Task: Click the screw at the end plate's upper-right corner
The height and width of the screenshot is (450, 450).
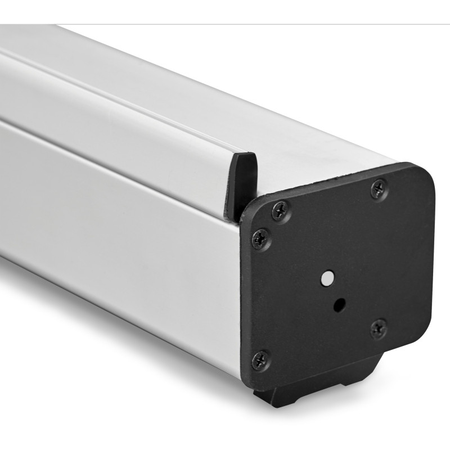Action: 379,188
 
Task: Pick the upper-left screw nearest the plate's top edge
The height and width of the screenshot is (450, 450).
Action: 280,210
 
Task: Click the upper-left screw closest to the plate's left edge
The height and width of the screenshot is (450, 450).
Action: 261,238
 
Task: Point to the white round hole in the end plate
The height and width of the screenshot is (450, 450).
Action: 326,277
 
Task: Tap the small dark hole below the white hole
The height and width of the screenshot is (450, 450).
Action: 339,305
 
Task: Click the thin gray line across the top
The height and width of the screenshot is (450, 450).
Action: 225,24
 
